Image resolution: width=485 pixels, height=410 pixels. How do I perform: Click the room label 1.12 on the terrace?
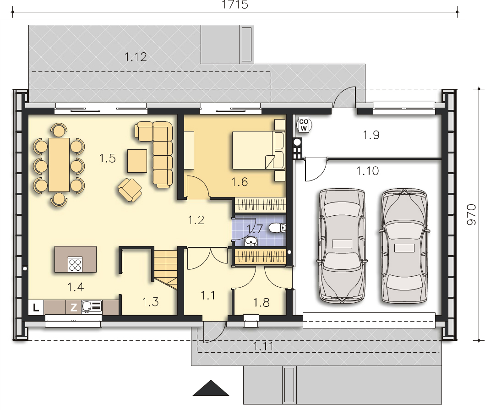(136, 57)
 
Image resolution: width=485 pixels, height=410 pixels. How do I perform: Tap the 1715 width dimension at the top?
(234, 5)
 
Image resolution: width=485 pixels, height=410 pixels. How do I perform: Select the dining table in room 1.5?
(59, 164)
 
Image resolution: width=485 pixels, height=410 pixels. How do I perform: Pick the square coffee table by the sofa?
(137, 160)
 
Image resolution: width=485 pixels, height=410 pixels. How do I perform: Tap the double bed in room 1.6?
(258, 150)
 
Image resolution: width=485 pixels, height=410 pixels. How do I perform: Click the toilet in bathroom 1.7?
(277, 228)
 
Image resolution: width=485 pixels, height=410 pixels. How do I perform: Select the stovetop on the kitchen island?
(75, 264)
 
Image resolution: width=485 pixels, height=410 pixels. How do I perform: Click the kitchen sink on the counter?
(92, 306)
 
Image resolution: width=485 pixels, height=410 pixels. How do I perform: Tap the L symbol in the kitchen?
(36, 307)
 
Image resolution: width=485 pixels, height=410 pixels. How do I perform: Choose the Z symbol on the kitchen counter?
(73, 307)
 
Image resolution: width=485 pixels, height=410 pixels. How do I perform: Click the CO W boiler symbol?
(303, 125)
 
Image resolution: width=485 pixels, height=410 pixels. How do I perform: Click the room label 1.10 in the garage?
(368, 171)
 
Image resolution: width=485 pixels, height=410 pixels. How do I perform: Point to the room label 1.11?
(263, 346)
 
